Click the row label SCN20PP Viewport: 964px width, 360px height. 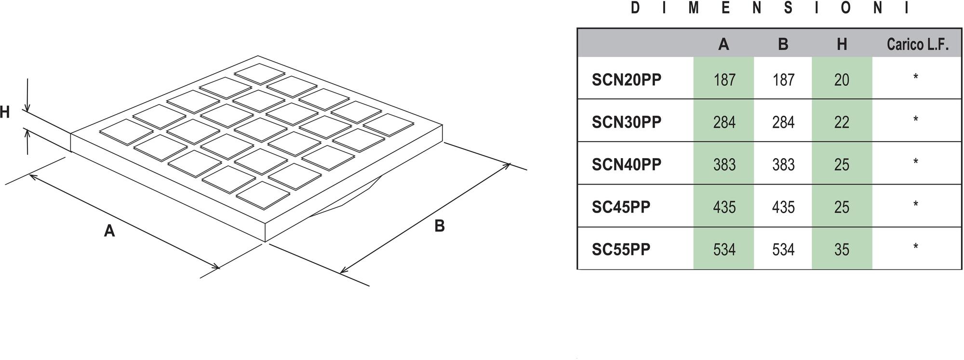click(x=626, y=80)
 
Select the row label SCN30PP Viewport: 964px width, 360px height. click(x=626, y=122)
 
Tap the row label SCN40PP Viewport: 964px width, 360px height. click(x=626, y=164)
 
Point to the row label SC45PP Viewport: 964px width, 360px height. click(x=621, y=207)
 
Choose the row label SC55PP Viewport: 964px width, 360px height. click(x=621, y=249)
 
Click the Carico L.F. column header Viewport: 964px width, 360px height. click(x=917, y=44)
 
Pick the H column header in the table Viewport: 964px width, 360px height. click(x=842, y=44)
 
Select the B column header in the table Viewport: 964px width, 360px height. click(x=783, y=44)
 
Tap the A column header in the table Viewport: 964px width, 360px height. click(x=723, y=44)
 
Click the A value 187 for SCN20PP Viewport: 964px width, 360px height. click(x=724, y=80)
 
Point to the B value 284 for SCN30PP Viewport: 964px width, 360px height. click(x=783, y=122)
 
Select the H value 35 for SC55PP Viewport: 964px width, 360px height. click(x=842, y=249)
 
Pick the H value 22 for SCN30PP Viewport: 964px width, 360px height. click(x=842, y=122)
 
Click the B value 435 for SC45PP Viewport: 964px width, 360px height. click(x=783, y=207)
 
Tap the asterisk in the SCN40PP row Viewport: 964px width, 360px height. click(x=915, y=162)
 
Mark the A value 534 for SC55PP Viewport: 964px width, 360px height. click(x=724, y=249)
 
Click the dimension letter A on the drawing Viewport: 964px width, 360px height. click(x=109, y=231)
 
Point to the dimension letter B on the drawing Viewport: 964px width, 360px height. click(x=439, y=226)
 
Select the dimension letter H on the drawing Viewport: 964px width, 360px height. click(x=4, y=112)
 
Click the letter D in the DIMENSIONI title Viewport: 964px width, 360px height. click(x=635, y=8)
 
